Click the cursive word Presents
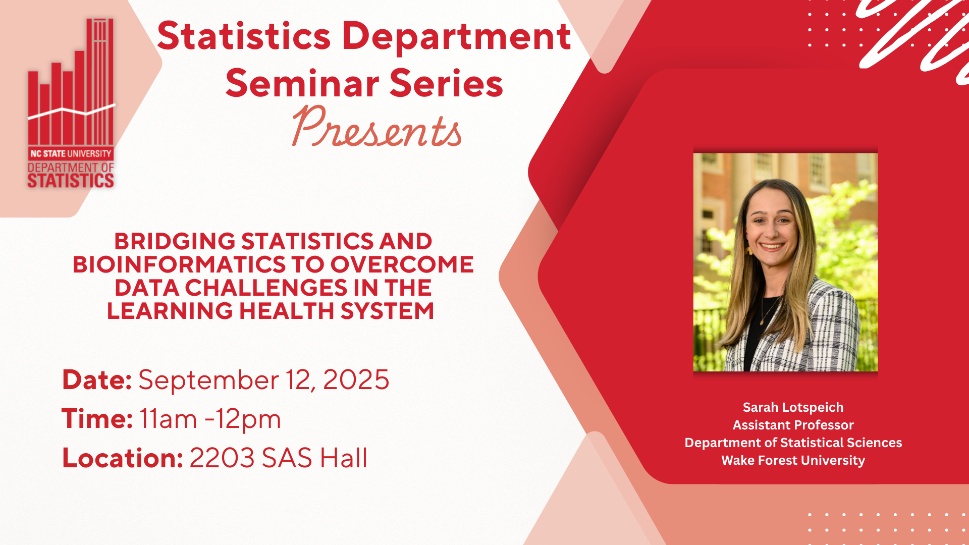click(376, 127)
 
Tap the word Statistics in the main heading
click(244, 36)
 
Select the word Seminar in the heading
click(302, 83)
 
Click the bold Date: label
click(96, 379)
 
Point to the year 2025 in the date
click(356, 379)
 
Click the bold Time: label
click(97, 419)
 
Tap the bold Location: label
click(122, 458)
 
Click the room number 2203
click(222, 458)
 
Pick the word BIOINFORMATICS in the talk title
click(179, 264)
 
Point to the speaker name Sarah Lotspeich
click(793, 407)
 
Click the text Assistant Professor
click(793, 425)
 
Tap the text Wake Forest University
click(793, 460)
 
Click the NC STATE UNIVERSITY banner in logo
click(71, 153)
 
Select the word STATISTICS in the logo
click(71, 181)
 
